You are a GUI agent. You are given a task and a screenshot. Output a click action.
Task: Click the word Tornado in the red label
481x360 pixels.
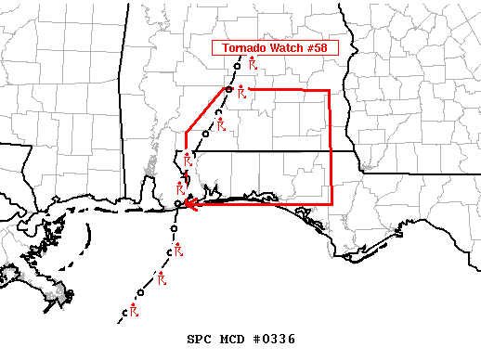pyautogui.click(x=243, y=48)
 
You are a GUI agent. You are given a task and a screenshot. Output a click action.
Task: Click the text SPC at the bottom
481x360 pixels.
pyautogui.click(x=200, y=340)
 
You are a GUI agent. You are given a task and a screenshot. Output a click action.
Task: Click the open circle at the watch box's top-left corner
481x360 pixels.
pyautogui.click(x=228, y=89)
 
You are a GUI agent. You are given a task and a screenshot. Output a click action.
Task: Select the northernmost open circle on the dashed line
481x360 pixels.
pyautogui.click(x=238, y=66)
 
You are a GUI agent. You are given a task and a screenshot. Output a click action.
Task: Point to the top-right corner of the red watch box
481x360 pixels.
pyautogui.click(x=330, y=91)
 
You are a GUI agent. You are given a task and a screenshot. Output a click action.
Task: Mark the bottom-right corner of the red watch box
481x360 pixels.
pyautogui.click(x=331, y=203)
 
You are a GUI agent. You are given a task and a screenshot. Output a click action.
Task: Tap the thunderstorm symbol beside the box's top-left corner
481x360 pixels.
pyautogui.click(x=241, y=92)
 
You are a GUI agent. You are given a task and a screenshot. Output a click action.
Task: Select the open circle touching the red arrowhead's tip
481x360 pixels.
pyautogui.click(x=178, y=204)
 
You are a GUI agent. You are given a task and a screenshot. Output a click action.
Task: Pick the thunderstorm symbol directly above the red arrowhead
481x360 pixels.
pyautogui.click(x=180, y=187)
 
